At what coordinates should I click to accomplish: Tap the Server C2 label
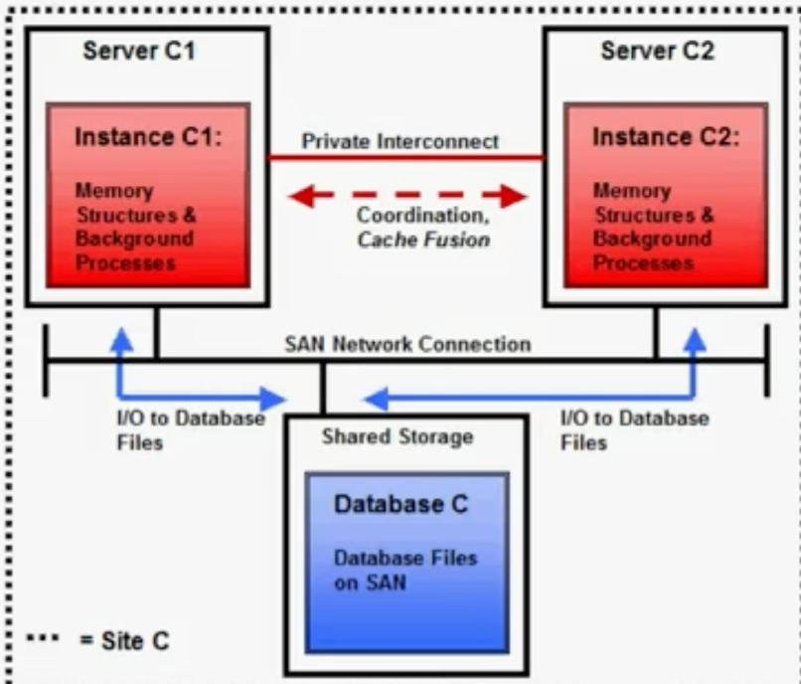(x=657, y=52)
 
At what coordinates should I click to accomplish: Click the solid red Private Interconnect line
(x=407, y=158)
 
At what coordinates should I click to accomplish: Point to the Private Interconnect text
(x=400, y=141)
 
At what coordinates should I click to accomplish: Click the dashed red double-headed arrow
(x=407, y=197)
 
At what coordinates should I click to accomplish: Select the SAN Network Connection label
(x=407, y=344)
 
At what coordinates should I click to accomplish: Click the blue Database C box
(x=406, y=562)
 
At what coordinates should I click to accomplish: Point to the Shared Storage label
(x=398, y=436)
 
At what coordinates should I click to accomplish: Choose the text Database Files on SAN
(x=404, y=571)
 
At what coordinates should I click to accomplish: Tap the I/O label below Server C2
(x=634, y=428)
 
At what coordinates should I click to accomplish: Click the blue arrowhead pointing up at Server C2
(x=695, y=340)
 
